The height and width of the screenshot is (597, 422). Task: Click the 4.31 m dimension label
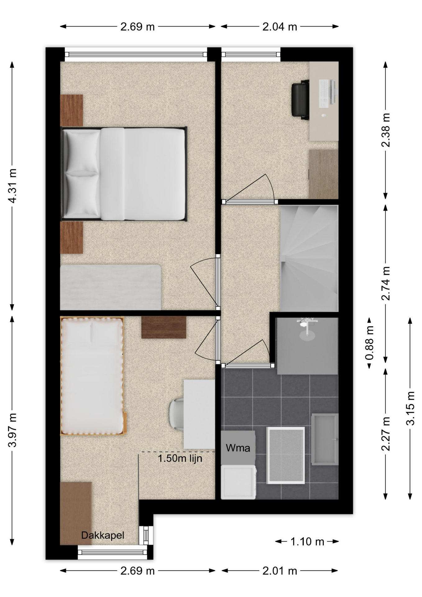point(12,186)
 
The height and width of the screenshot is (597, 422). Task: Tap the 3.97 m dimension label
point(12,430)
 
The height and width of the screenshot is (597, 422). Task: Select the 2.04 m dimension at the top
point(280,27)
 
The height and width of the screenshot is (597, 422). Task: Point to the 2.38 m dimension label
point(386,130)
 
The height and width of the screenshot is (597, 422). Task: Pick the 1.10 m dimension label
point(307,542)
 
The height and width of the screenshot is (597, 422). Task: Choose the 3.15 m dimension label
point(410,408)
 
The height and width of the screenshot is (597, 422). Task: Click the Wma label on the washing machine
point(238,448)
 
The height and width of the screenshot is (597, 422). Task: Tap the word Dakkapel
point(103,535)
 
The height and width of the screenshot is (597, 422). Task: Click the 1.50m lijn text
point(180,458)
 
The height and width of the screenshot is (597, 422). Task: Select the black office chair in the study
point(300,99)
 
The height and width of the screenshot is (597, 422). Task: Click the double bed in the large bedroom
point(124,174)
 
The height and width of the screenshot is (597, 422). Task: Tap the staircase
point(309,258)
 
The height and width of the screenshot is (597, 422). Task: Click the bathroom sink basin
point(325,439)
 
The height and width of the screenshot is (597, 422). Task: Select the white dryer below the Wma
point(239,482)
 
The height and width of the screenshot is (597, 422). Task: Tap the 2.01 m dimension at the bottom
point(280,571)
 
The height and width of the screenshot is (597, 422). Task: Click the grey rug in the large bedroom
point(111,287)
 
